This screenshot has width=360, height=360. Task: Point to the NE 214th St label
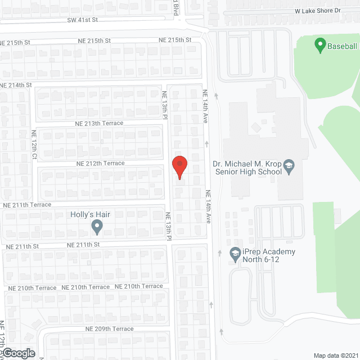coord(16,85)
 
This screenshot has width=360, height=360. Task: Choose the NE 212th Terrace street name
coord(101,163)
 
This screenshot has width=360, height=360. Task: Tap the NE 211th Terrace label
coord(27,205)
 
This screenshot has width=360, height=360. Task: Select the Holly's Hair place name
coord(89,214)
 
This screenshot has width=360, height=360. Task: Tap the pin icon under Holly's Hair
coord(97,227)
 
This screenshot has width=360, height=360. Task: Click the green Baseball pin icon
coord(319,44)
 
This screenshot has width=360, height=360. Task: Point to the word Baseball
coord(343,47)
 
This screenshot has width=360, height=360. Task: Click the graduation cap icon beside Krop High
coord(289,164)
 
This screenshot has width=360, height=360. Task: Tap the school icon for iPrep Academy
coord(235,254)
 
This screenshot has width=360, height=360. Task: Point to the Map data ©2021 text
coord(335,355)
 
